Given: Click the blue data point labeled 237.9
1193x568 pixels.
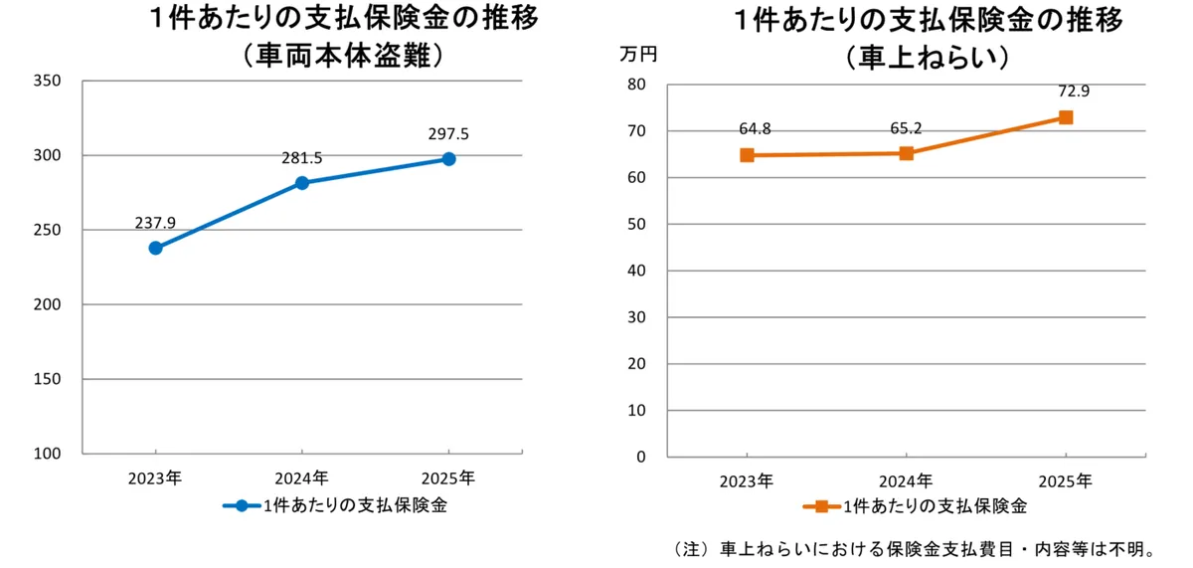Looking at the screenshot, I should (156, 248).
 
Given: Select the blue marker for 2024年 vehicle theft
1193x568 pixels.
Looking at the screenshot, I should (302, 183).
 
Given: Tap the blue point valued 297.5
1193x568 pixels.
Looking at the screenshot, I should (448, 159).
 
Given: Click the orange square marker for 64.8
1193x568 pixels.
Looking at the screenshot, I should (747, 155).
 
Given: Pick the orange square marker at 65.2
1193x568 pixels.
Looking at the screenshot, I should (906, 153).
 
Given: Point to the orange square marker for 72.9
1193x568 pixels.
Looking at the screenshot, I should (1066, 117).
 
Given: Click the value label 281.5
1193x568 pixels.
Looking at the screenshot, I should (302, 158).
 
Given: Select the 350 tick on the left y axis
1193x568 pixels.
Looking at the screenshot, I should (49, 82).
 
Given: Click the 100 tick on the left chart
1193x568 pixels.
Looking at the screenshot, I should (49, 454).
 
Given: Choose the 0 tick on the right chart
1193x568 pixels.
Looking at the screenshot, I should (641, 458).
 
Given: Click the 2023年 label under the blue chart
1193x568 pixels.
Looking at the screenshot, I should (154, 477).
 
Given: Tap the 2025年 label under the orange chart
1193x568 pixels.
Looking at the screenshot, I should (1065, 481).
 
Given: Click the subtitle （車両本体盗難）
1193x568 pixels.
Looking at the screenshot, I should (343, 57).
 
